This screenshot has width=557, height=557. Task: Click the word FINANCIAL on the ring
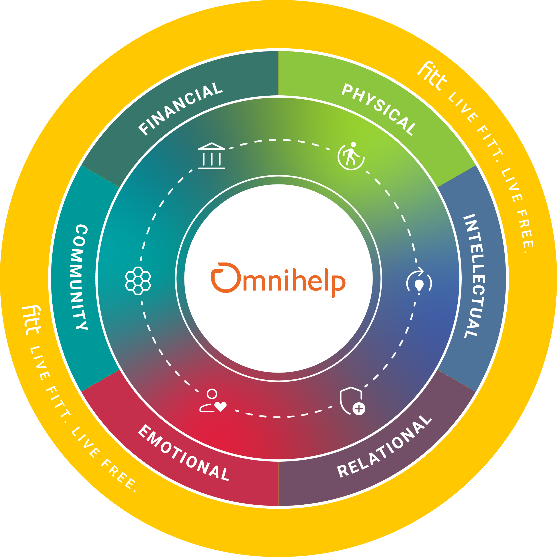tap(180, 109)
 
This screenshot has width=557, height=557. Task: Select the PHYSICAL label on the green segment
tap(379, 110)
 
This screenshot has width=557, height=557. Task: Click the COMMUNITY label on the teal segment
tap(81, 277)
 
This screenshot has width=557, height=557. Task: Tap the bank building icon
tap(212, 156)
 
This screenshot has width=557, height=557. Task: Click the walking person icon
tap(351, 156)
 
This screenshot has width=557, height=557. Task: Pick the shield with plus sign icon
tap(352, 401)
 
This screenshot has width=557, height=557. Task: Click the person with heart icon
tap(213, 401)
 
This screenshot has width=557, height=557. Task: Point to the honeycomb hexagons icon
tap(138, 281)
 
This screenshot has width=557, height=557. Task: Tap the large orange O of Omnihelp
tap(226, 277)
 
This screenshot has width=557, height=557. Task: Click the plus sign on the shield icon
tap(359, 409)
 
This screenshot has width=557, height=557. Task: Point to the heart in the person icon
tap(221, 407)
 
